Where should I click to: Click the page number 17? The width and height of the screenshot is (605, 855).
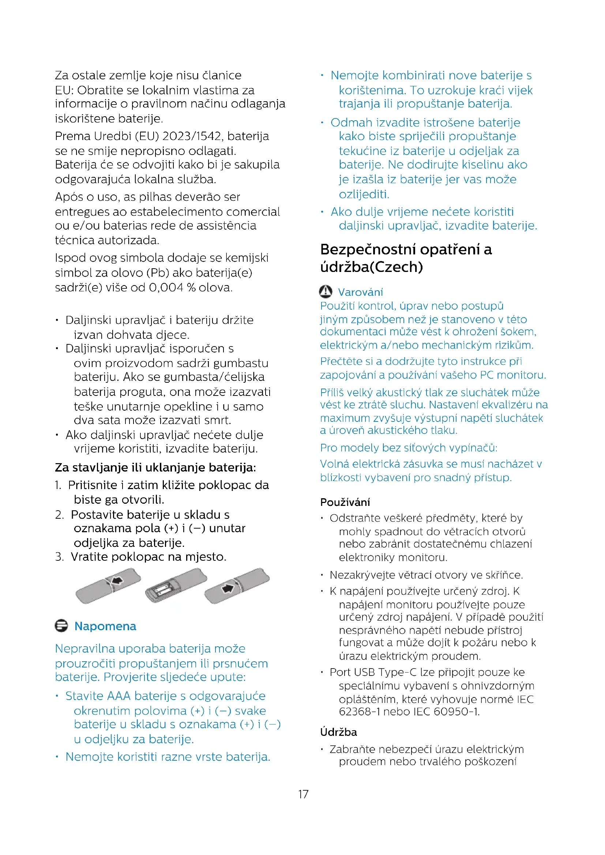(x=303, y=794)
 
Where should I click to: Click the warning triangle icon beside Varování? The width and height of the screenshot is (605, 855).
(x=326, y=292)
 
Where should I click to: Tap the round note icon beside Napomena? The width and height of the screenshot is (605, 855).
(x=61, y=625)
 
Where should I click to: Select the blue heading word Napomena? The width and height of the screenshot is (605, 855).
(x=105, y=626)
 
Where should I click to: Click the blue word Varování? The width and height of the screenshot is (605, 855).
(x=360, y=292)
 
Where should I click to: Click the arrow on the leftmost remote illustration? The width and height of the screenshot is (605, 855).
(x=117, y=580)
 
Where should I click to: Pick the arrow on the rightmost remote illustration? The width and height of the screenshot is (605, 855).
(x=227, y=589)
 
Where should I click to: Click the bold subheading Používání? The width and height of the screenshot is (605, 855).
(x=345, y=502)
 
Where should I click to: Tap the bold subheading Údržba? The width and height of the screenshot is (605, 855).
(x=338, y=732)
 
